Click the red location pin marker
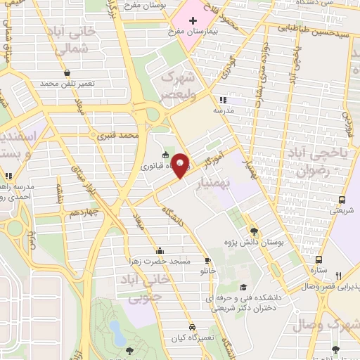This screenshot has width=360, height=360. point(181,165)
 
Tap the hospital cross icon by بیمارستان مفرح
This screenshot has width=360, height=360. point(193,20)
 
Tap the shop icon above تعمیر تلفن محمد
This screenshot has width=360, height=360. point(66,72)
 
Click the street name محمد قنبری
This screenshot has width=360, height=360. point(116,134)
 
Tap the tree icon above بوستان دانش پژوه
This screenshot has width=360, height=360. point(254,231)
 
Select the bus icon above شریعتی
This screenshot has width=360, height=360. point(342,200)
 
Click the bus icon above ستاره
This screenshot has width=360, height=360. point(319,259)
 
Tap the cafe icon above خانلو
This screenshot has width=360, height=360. point(207,259)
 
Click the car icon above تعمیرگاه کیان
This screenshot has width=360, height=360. point(191,328)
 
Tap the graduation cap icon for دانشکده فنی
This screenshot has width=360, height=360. point(243,288)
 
